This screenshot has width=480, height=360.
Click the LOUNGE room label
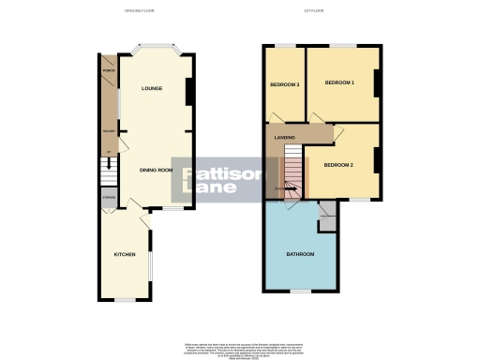point(152,88)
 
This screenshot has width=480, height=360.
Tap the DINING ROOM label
point(157,170)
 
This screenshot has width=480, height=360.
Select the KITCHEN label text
point(126,254)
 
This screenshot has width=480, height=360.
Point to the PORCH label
point(108,70)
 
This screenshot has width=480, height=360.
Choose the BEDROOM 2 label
point(338,164)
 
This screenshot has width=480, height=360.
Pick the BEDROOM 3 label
point(284,85)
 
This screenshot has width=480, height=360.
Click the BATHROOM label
point(300,254)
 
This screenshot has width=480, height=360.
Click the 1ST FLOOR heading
point(322,11)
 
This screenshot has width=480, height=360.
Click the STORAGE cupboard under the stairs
point(108,198)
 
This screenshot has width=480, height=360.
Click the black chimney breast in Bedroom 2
point(377,161)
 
